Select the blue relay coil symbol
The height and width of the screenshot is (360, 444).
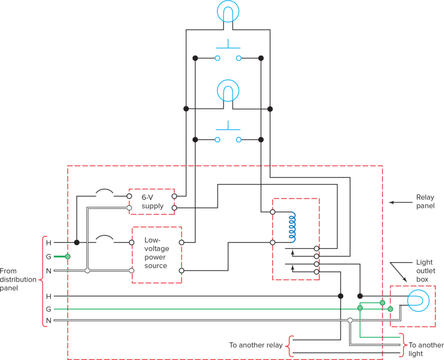293,227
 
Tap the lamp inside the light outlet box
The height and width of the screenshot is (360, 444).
417,301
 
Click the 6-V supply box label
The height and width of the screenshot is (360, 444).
152,201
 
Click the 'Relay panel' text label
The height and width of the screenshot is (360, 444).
424,202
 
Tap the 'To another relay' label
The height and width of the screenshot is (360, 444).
256,345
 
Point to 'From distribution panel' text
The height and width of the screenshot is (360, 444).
18,279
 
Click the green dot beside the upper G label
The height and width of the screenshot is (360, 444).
68,257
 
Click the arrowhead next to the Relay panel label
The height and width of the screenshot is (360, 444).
390,202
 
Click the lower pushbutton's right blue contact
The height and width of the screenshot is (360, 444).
238,140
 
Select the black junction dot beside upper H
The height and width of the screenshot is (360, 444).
77,242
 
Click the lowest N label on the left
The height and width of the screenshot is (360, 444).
49,321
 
